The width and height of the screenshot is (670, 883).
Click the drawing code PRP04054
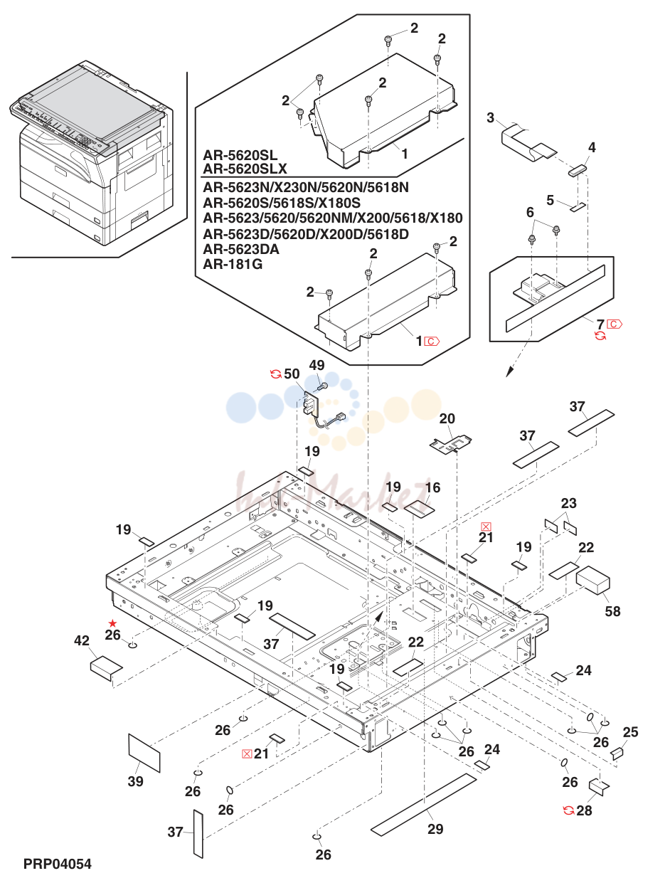click(x=58, y=864)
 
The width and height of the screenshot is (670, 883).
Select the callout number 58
click(x=612, y=611)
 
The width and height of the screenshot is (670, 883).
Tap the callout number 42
click(x=82, y=640)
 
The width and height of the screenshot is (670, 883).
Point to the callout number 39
click(x=135, y=781)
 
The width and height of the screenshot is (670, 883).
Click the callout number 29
click(x=435, y=829)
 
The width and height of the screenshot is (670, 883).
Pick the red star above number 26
click(x=113, y=623)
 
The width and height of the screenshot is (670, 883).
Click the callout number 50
click(x=292, y=374)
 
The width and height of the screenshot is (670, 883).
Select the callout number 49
click(x=317, y=365)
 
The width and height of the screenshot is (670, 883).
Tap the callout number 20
click(x=447, y=418)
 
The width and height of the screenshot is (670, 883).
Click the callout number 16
click(x=432, y=487)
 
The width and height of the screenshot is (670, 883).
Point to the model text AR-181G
click(x=233, y=264)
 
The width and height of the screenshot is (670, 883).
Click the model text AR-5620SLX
click(x=245, y=169)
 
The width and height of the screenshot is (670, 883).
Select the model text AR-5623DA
click(x=241, y=249)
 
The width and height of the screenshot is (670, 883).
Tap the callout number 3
click(x=490, y=117)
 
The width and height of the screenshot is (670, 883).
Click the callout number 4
click(x=592, y=147)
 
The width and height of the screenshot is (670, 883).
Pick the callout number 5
click(x=551, y=200)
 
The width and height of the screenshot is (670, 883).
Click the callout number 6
click(x=530, y=212)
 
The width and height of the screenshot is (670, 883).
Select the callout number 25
click(x=630, y=731)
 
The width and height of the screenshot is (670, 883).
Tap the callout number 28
click(x=584, y=810)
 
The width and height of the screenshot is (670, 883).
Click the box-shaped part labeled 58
click(x=592, y=580)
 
